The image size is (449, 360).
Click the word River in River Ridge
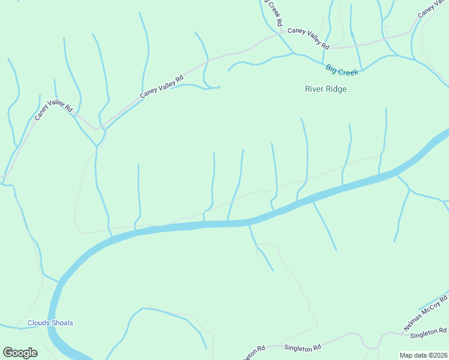(x=315, y=89)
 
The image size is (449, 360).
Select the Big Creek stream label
(x=342, y=70)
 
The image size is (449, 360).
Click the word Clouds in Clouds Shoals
(x=39, y=323)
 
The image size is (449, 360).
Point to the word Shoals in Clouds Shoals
(x=62, y=323)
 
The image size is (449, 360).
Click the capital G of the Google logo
(x=8, y=353)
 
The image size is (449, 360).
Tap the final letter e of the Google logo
(x=34, y=353)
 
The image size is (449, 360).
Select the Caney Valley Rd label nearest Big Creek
(x=309, y=38)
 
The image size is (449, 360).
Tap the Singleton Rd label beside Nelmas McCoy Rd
(x=433, y=331)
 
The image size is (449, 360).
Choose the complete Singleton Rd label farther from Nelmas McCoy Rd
(x=303, y=347)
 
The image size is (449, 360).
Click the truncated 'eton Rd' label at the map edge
(x=255, y=351)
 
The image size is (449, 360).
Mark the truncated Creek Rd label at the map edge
(x=274, y=12)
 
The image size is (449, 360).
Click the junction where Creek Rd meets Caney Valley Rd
(x=279, y=33)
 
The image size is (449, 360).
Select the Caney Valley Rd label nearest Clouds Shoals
(x=53, y=109)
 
